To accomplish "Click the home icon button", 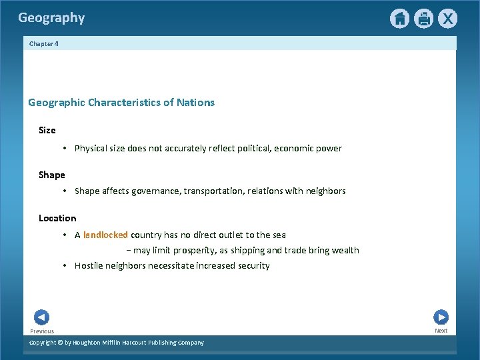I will tap(399, 19).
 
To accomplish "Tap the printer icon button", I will tap(423, 19).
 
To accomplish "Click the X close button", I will tap(447, 19).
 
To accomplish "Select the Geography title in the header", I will tap(51, 18).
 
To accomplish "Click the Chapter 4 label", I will tap(44, 43).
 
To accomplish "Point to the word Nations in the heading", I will tap(196, 103).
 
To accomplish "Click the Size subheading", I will tap(47, 130).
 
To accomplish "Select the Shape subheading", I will tap(52, 175).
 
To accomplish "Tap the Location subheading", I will tap(57, 218).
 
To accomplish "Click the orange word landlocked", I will tap(105, 235).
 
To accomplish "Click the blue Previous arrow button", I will tap(41, 317).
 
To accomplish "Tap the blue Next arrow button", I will tap(441, 317).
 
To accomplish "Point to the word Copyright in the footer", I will tap(43, 343).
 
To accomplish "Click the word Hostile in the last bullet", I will tap(88, 265).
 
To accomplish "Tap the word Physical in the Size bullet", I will tap(91, 149).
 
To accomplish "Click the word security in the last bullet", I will tap(253, 265).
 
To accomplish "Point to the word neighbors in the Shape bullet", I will tap(325, 191).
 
